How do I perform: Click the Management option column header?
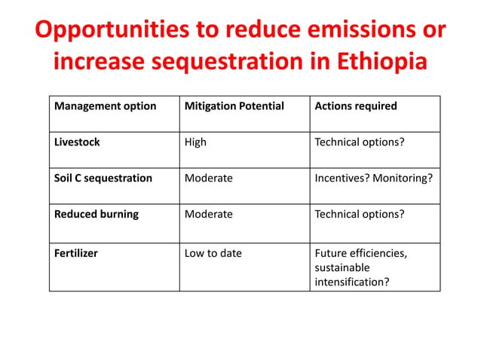pyautogui.click(x=105, y=106)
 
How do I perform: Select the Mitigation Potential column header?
pyautogui.click(x=234, y=106)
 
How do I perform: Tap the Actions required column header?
pyautogui.click(x=356, y=106)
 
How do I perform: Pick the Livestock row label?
pyautogui.click(x=77, y=142)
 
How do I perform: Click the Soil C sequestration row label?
pyautogui.click(x=103, y=178)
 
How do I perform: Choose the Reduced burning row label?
pyautogui.click(x=97, y=214)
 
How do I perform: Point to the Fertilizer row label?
pyautogui.click(x=75, y=253)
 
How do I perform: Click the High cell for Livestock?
pyautogui.click(x=195, y=142)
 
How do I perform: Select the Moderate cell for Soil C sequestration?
pyautogui.click(x=209, y=178)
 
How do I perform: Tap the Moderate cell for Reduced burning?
pyautogui.click(x=209, y=214)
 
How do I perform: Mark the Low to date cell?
pyautogui.click(x=213, y=253)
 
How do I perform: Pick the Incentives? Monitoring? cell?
pyautogui.click(x=375, y=178)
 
